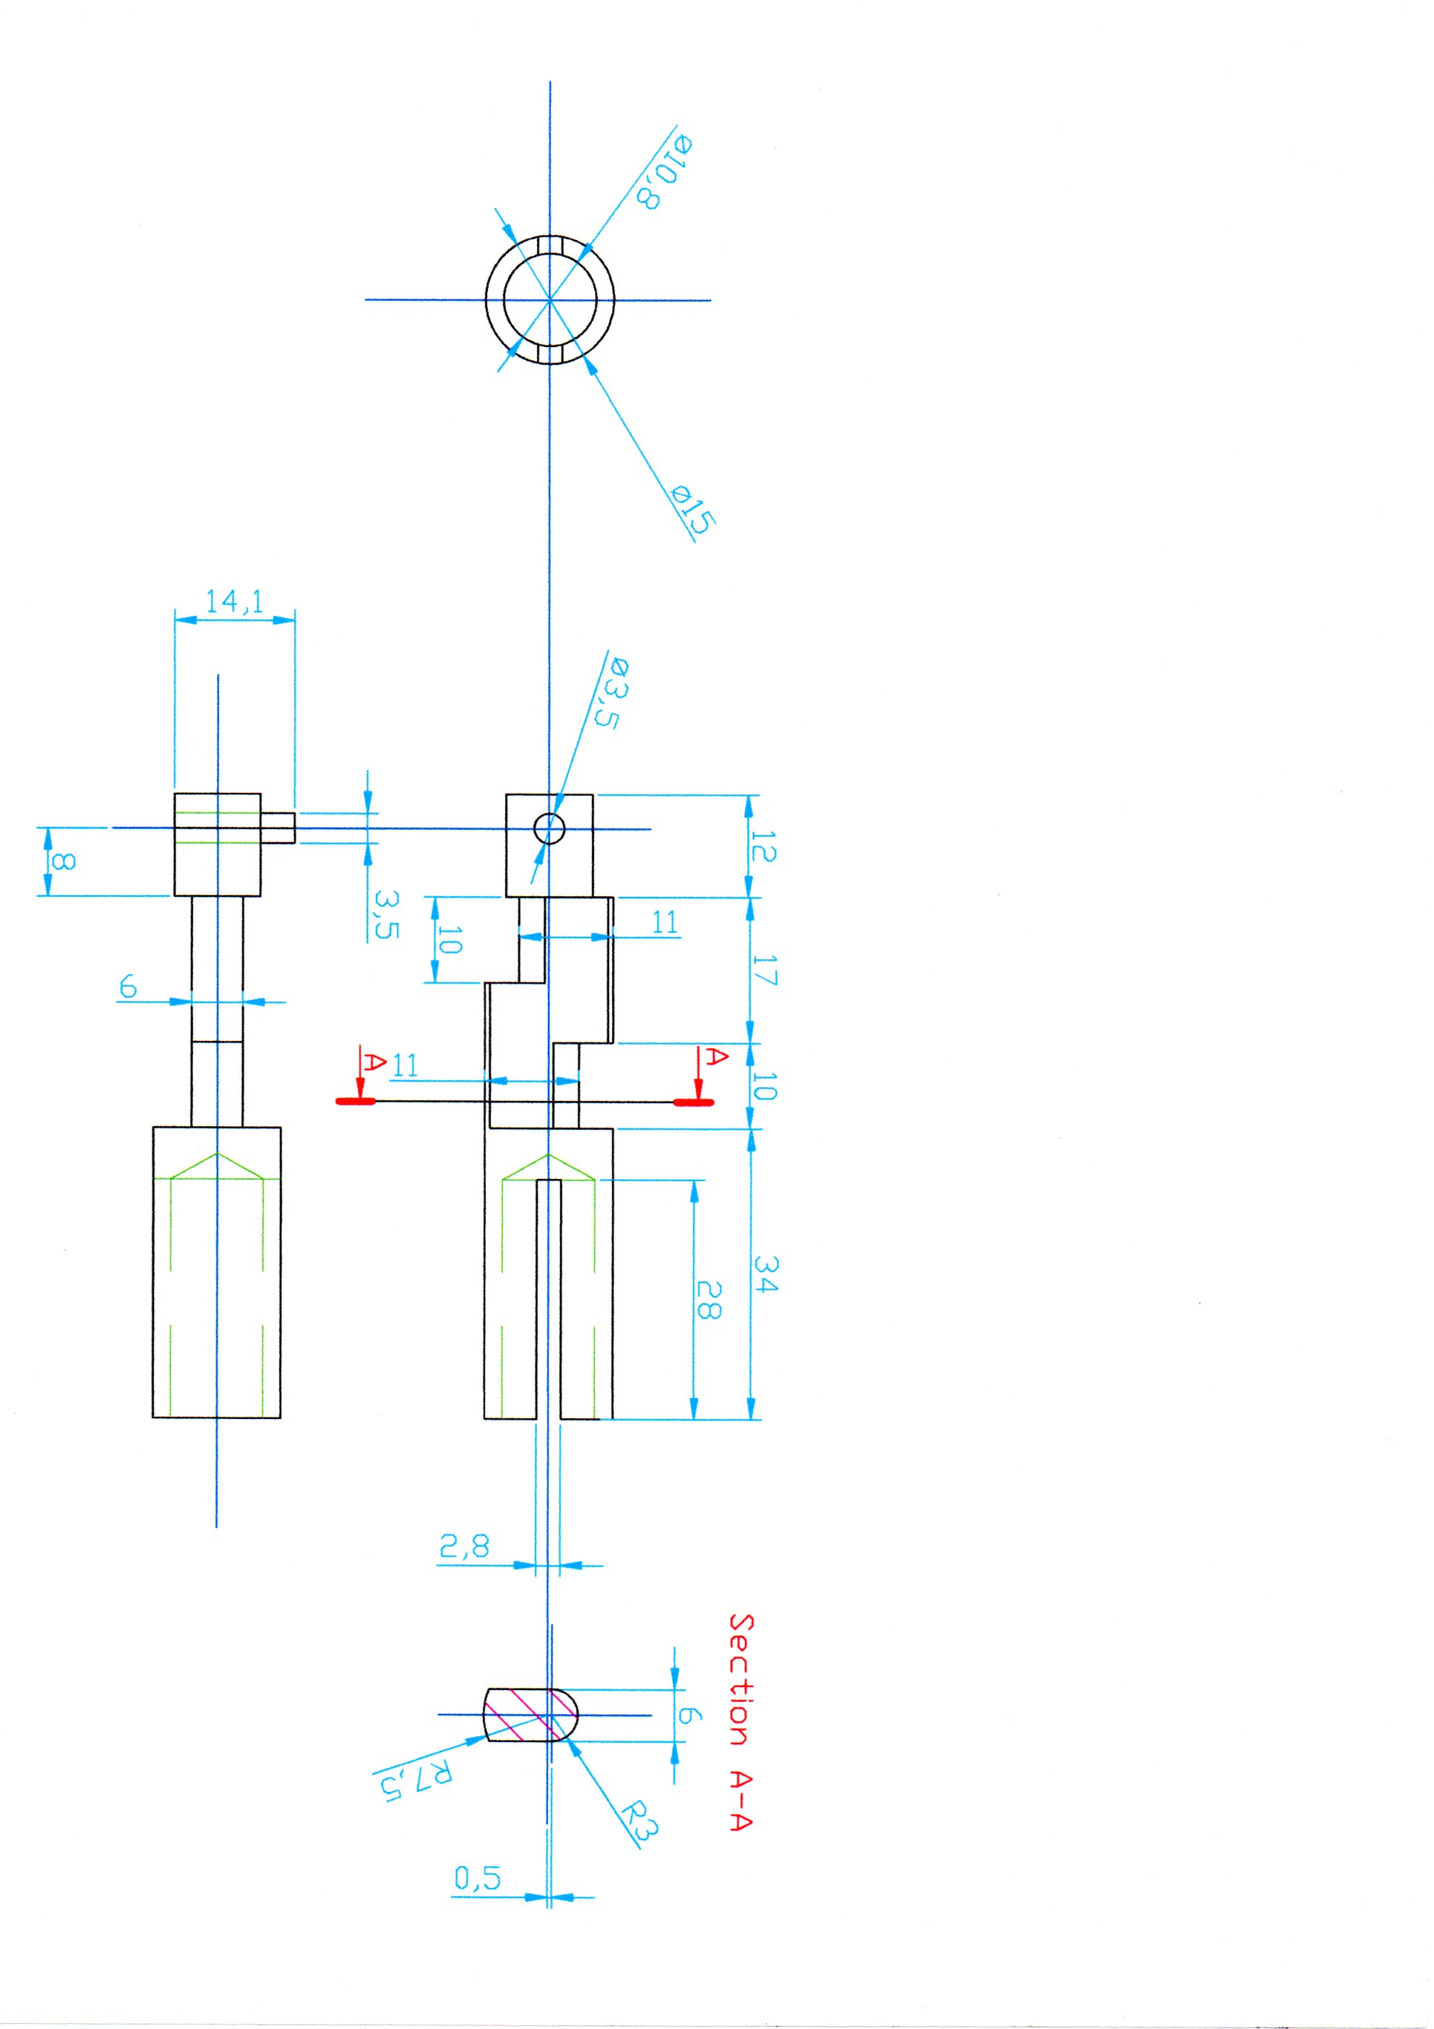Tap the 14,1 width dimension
pos(234,602)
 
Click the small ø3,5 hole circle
pos(549,829)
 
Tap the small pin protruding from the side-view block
pos(278,827)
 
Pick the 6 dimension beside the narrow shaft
pos(129,986)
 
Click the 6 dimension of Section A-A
pos(689,1715)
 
